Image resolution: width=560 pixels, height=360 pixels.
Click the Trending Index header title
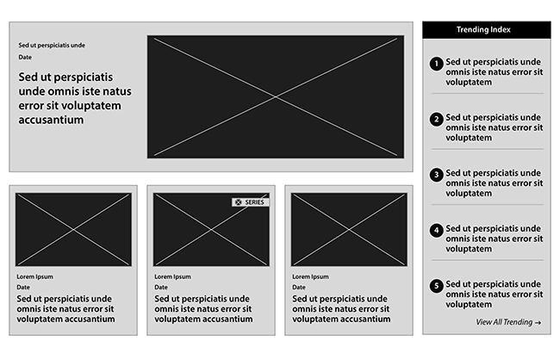pyautogui.click(x=483, y=29)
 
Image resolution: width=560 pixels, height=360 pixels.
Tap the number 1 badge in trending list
pyautogui.click(x=436, y=64)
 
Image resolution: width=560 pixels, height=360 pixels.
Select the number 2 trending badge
pyautogui.click(x=436, y=120)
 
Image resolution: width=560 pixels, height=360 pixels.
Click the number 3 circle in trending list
pyautogui.click(x=436, y=175)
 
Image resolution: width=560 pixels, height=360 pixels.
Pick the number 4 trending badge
pyautogui.click(x=436, y=230)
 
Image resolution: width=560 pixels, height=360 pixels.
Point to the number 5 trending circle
pyautogui.click(x=436, y=286)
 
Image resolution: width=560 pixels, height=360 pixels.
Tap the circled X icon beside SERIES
pyautogui.click(x=238, y=202)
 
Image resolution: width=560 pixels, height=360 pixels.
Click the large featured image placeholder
pyautogui.click(x=276, y=96)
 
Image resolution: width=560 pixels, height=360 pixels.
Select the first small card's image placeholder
pyautogui.click(x=73, y=230)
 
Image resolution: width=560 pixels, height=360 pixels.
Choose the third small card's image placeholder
pyautogui.click(x=349, y=230)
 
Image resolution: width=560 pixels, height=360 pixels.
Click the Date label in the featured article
pyautogui.click(x=25, y=57)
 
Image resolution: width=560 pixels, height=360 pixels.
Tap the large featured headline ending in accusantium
pyautogui.click(x=75, y=98)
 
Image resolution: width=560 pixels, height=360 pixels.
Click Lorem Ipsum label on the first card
pyautogui.click(x=34, y=276)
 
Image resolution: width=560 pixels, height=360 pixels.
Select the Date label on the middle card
pyautogui.click(x=161, y=287)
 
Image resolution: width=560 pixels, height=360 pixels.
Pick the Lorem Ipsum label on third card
pyautogui.click(x=310, y=276)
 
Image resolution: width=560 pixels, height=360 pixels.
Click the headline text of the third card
pyautogui.click(x=341, y=309)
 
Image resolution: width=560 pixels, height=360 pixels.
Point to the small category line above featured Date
pyautogui.click(x=52, y=46)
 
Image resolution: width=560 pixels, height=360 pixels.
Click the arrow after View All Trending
pyautogui.click(x=538, y=323)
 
